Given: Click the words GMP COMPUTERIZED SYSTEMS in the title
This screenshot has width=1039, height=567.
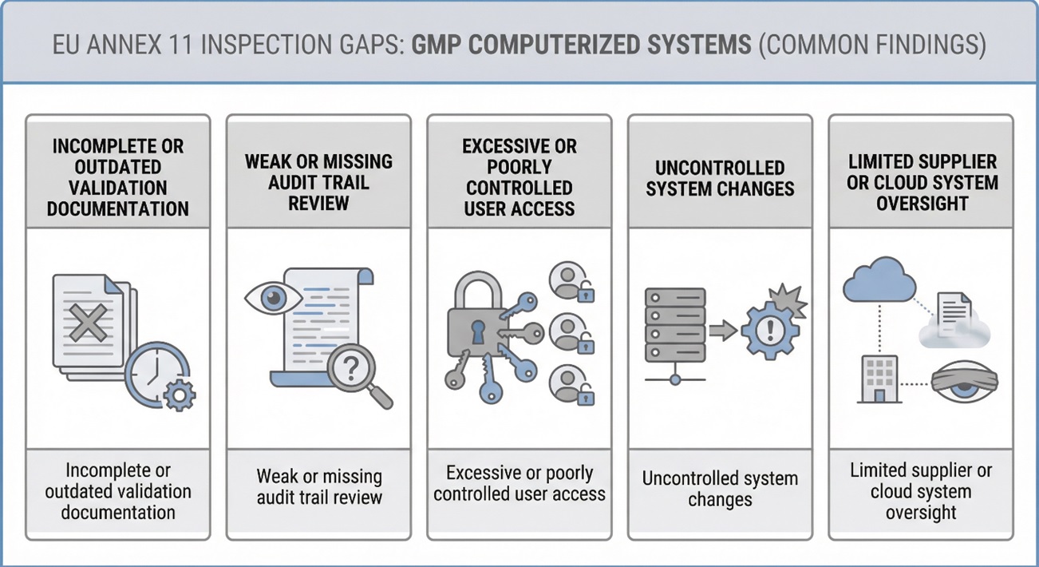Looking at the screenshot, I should click(x=581, y=44).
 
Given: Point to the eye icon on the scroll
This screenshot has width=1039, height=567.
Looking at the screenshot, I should click(x=272, y=297).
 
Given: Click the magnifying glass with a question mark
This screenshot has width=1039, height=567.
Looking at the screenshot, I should click(x=352, y=368).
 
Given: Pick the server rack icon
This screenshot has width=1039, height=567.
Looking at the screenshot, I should click(x=674, y=327).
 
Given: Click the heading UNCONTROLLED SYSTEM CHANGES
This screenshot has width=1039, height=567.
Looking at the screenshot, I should click(x=720, y=178).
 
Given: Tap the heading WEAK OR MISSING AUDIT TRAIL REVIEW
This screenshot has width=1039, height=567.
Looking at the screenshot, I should click(x=318, y=181).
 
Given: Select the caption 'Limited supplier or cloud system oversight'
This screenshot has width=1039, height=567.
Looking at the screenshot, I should click(x=920, y=490).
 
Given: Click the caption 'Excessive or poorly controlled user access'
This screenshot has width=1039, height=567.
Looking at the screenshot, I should click(x=519, y=483).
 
